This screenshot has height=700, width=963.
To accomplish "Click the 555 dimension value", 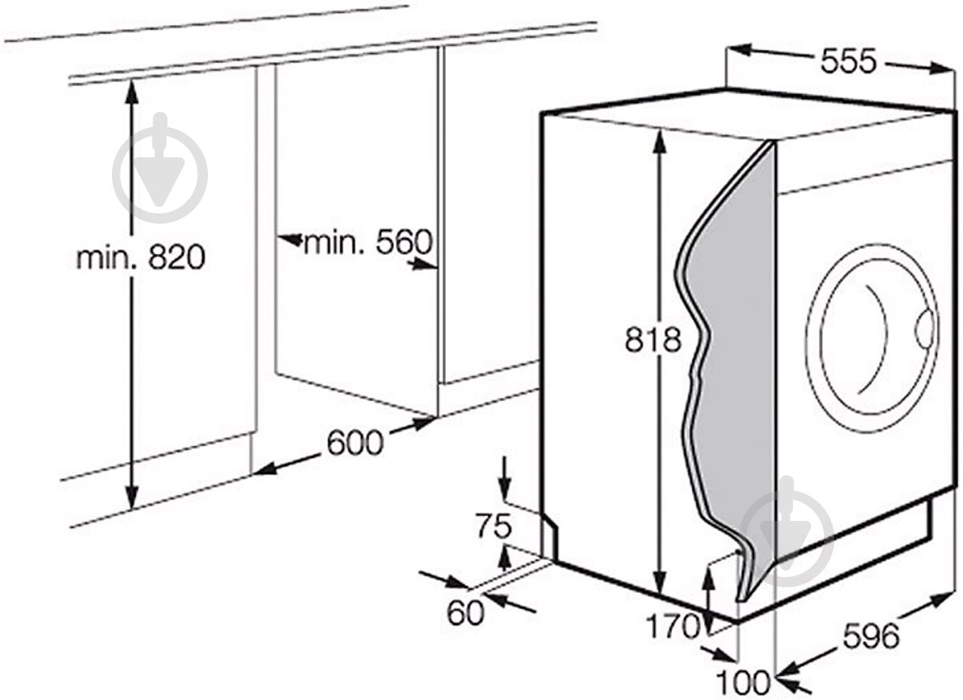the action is point(847,61).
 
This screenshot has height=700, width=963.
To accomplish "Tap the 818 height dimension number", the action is point(653,340).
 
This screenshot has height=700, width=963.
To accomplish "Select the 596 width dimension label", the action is point(871,636).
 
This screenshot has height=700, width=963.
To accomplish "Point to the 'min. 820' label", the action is point(141,257).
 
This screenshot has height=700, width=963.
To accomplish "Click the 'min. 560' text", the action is point(368,241).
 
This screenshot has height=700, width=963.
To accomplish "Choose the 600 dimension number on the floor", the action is point(355,443).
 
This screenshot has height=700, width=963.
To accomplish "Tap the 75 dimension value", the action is point(494,526).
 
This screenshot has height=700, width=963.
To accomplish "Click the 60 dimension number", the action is point(466,612).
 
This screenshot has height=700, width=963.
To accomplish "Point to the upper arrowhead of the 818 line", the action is point(659,143).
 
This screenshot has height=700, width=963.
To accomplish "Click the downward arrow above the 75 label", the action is point(505,478).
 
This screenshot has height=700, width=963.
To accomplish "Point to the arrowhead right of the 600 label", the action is point(420,424).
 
